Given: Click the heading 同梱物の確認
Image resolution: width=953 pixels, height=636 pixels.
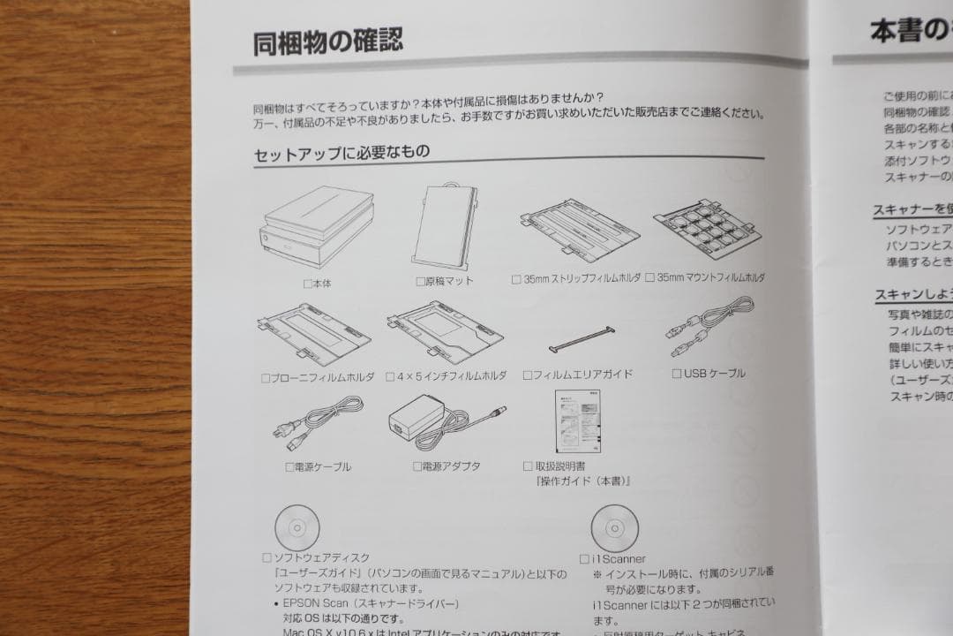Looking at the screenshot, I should pyautogui.click(x=328, y=41).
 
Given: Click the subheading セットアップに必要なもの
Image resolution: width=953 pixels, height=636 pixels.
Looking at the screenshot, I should pyautogui.click(x=341, y=153).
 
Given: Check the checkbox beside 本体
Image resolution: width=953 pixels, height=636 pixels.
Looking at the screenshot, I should pyautogui.click(x=307, y=284).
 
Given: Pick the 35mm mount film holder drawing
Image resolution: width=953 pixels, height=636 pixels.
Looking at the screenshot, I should pyautogui.click(x=707, y=229).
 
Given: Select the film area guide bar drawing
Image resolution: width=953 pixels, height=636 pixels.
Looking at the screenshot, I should pyautogui.click(x=582, y=339).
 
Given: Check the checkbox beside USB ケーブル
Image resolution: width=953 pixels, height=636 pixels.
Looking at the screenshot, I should pyautogui.click(x=677, y=374).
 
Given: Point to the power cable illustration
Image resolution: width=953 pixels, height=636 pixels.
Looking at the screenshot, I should pyautogui.click(x=318, y=422).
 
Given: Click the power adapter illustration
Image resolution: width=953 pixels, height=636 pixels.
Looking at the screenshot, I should pyautogui.click(x=446, y=422).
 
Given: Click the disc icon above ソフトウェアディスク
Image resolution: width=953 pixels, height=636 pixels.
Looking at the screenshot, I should pyautogui.click(x=297, y=526).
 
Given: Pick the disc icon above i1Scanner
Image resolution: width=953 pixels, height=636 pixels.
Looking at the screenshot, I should pyautogui.click(x=613, y=528).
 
